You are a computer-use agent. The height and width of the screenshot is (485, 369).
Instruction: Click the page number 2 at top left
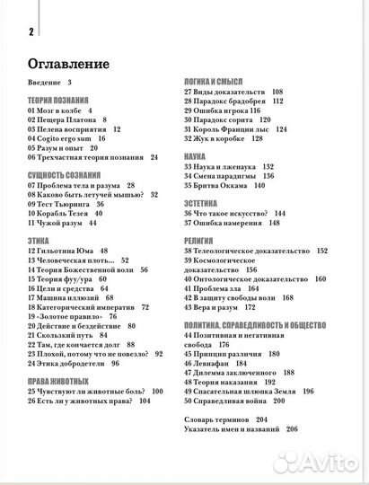click(x=31, y=33)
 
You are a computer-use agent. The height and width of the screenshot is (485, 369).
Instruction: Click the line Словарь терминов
click(x=228, y=420)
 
